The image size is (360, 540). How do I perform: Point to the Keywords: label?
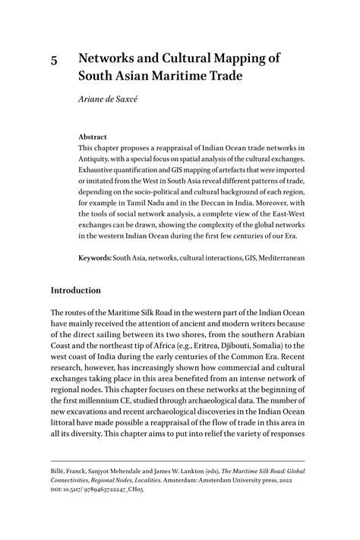(x=95, y=258)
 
